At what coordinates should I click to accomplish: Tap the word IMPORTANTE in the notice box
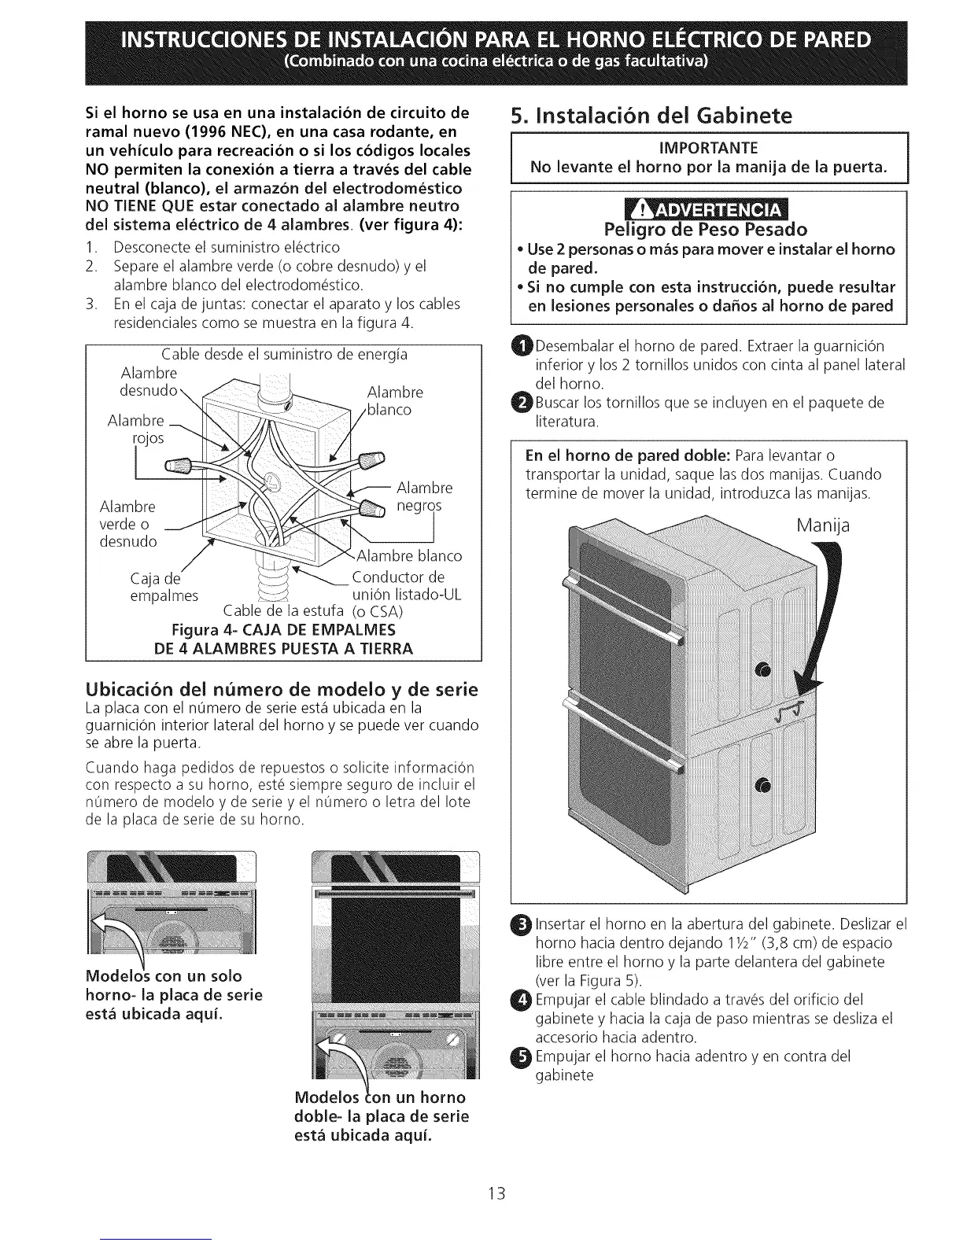click(709, 148)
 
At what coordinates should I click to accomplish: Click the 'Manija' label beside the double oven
click(822, 525)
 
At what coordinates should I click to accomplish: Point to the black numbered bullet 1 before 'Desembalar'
click(522, 346)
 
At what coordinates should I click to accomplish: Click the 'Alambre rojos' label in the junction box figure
click(138, 429)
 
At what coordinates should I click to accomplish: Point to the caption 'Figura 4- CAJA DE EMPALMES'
click(283, 631)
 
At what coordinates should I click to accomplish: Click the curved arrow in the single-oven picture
click(116, 936)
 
